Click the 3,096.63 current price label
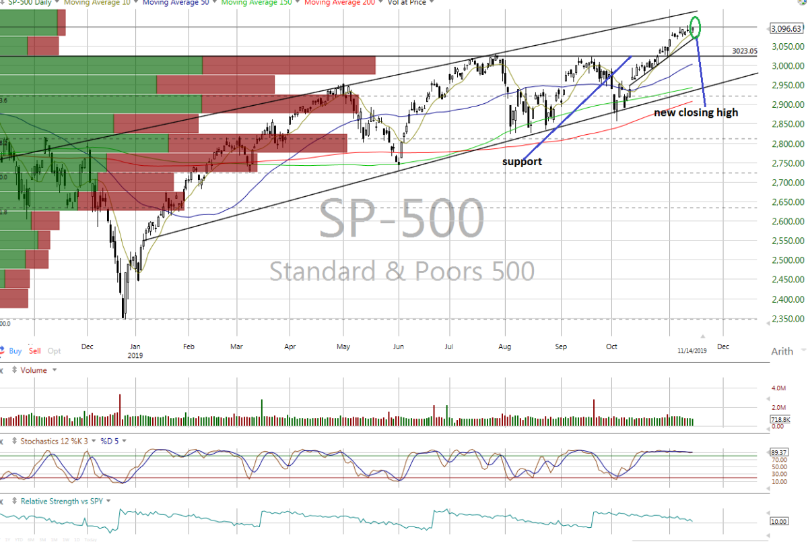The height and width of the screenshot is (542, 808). (785, 28)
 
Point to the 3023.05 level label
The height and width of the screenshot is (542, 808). (744, 51)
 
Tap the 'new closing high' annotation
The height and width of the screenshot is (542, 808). (696, 113)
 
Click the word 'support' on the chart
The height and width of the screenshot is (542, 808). (522, 162)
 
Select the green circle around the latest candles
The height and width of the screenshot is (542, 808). (695, 27)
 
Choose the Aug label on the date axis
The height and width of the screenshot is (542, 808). (505, 347)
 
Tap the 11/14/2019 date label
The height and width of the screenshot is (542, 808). (692, 351)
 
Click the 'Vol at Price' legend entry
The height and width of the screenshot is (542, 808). (406, 2)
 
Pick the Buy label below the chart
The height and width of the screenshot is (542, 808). (15, 351)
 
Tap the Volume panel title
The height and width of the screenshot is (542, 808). (34, 370)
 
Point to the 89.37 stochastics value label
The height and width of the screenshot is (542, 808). (779, 452)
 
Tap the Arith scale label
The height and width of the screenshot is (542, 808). (782, 351)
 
